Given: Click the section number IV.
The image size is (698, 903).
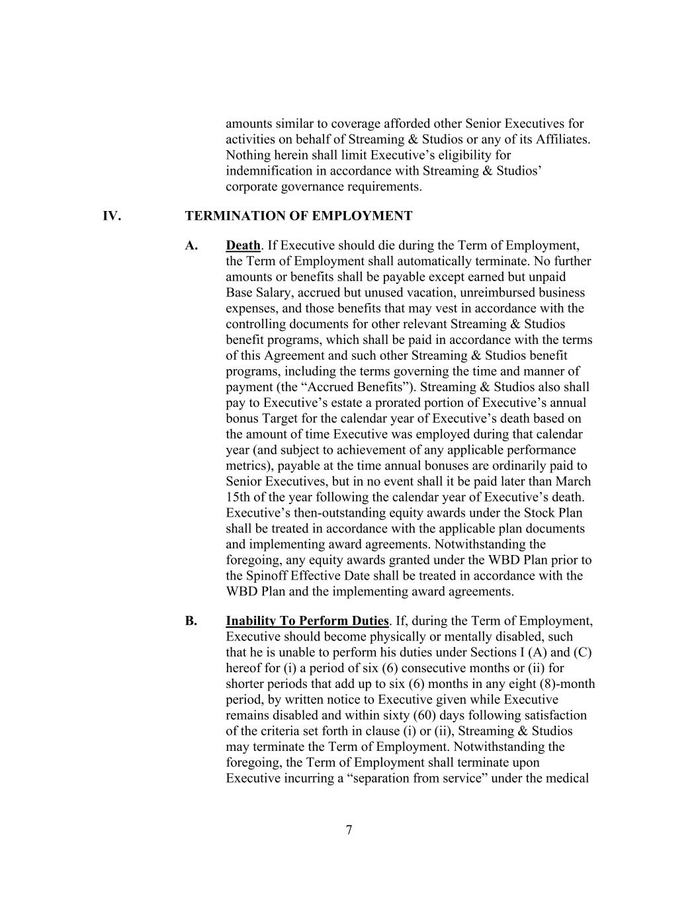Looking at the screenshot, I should tap(111, 216).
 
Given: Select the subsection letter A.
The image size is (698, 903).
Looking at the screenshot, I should tap(191, 245).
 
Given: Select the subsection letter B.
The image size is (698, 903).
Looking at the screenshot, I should tap(191, 621).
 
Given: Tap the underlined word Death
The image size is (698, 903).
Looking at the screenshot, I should tap(243, 245).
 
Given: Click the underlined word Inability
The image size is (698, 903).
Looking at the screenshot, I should tap(251, 621).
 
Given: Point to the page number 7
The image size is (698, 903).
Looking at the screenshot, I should tap(349, 830).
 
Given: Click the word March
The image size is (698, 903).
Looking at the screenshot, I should tap(573, 481).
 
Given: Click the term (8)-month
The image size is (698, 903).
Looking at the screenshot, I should tap(563, 683).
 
